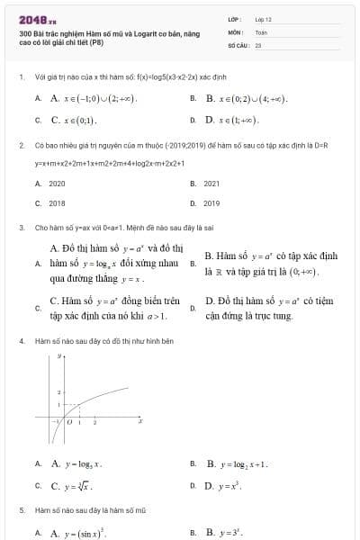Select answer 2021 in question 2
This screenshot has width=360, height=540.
click(212, 183)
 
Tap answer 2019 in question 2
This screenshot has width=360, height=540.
click(212, 203)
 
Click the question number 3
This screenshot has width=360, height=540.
click(21, 228)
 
